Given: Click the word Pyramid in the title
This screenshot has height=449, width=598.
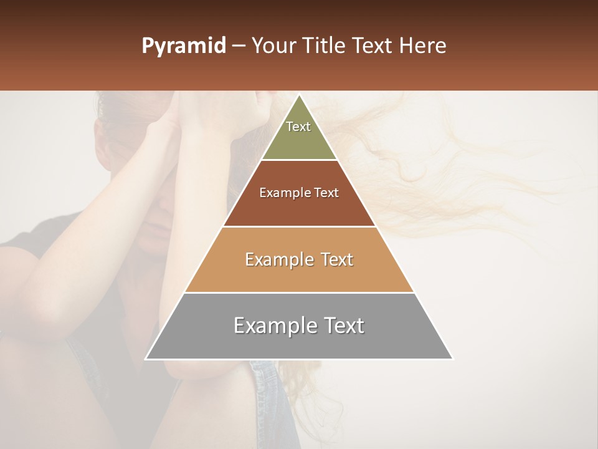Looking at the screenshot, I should [183, 46].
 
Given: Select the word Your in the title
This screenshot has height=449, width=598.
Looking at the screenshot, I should [273, 46].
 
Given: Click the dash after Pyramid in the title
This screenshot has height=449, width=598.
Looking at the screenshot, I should [238, 46].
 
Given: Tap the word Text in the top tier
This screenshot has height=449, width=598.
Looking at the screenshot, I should [298, 127].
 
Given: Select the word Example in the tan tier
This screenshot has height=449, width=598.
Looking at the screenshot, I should [277, 259].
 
